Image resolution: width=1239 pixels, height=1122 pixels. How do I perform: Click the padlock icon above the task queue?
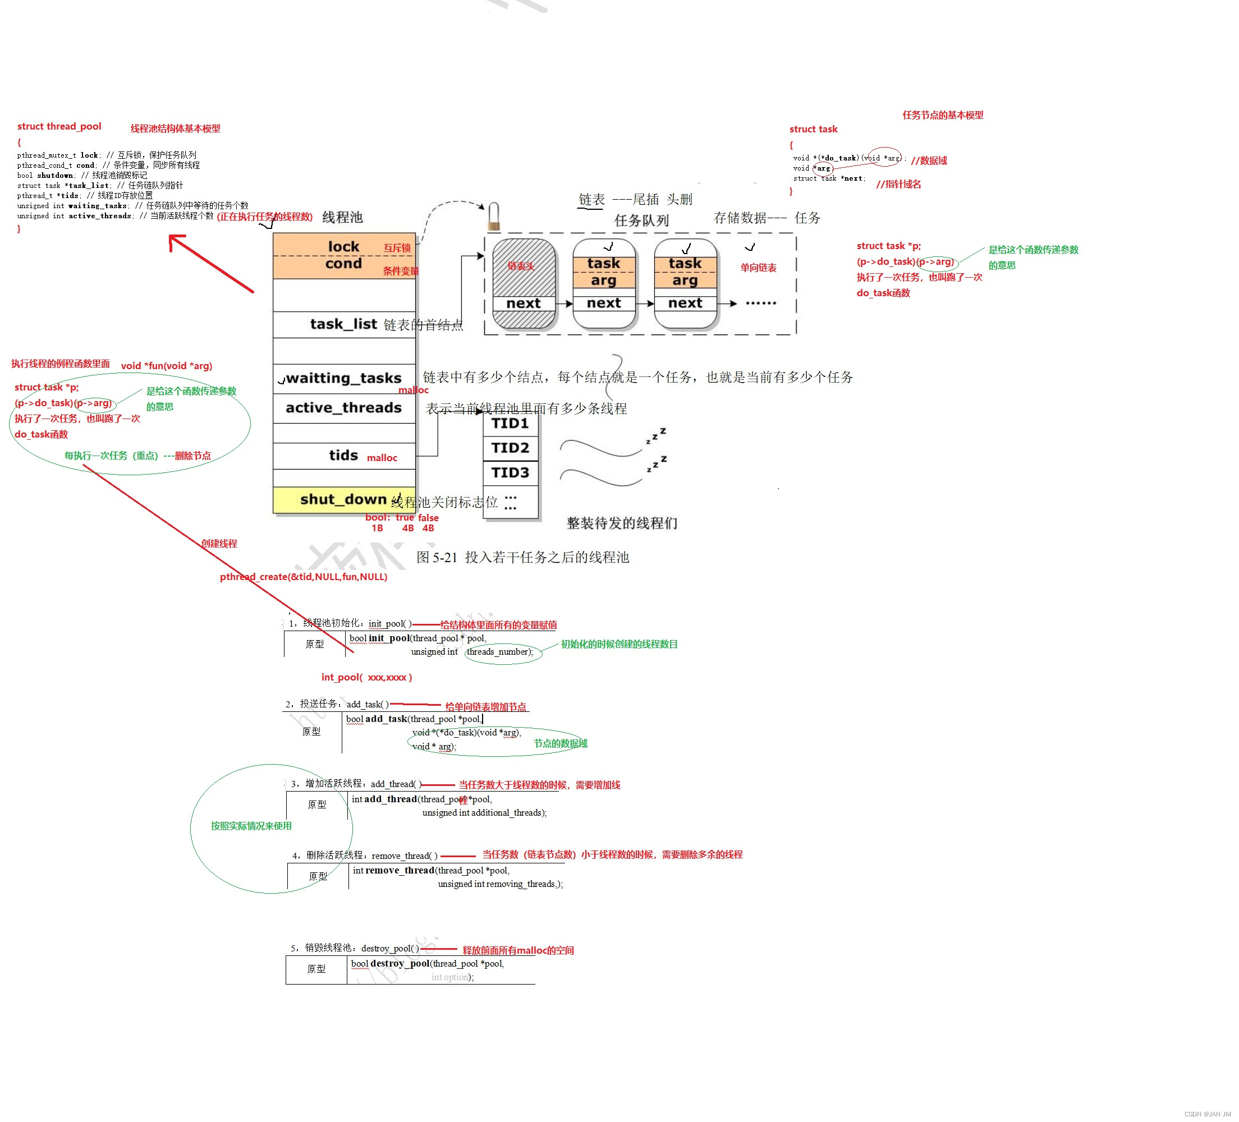click(493, 217)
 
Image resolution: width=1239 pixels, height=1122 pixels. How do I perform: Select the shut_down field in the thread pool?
click(343, 499)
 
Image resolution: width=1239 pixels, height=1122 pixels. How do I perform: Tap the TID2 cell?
click(510, 448)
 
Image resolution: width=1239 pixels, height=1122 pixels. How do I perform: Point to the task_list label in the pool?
click(343, 324)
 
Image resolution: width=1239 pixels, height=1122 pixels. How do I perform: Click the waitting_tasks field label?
click(343, 378)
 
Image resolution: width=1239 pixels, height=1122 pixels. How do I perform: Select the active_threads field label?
click(343, 407)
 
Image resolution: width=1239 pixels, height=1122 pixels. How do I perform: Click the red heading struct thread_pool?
click(59, 127)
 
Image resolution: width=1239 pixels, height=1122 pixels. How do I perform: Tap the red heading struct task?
click(813, 129)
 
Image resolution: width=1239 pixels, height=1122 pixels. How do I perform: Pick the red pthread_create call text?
click(303, 576)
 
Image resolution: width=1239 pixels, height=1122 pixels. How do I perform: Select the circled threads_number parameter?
click(499, 652)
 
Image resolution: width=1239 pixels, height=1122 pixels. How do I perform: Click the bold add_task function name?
click(386, 719)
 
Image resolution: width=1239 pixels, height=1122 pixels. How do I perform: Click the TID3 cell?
click(510, 472)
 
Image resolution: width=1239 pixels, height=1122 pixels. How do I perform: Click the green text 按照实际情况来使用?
click(251, 826)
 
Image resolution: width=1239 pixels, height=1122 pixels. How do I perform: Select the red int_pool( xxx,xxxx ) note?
click(366, 677)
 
